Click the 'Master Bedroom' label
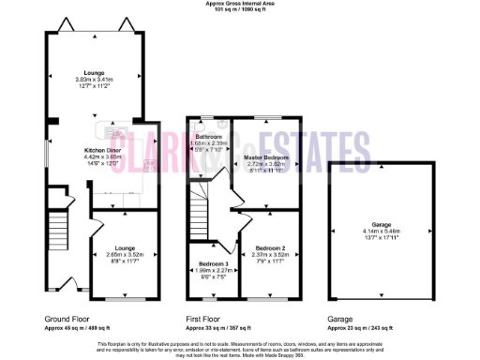264,157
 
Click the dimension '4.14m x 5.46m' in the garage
380,231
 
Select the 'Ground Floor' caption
66,319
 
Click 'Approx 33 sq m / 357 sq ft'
222,328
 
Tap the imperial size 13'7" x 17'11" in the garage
380,237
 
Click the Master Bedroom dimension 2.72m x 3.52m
264,164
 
